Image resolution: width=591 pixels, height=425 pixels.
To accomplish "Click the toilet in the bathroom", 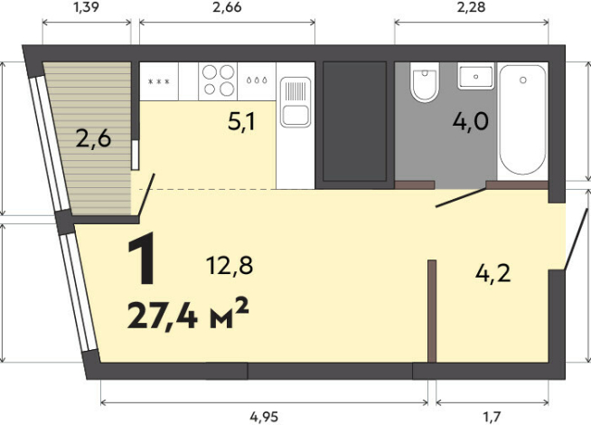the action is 425,82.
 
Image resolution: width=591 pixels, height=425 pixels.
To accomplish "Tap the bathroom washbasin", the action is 476,76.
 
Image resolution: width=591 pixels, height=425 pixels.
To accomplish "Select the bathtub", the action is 522,120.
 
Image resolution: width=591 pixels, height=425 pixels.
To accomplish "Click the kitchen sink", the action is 295,102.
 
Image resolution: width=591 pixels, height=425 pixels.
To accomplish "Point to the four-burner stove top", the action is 218,81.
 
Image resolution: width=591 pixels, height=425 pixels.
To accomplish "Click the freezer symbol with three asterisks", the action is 159,81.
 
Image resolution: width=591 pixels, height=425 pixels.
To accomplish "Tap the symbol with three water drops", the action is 257,80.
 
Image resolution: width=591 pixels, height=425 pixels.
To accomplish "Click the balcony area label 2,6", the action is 93,138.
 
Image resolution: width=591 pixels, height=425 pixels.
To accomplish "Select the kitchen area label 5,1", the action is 241,122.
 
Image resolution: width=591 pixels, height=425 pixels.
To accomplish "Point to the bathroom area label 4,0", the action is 471,121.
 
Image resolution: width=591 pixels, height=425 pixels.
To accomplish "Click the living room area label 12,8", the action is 230,266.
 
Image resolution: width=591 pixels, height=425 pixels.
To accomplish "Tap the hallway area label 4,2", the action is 493,273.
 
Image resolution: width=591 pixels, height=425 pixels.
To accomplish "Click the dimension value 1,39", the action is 87,7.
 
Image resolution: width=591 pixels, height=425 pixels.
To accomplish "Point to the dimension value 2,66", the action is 227,7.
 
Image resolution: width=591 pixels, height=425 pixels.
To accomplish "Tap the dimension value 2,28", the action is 471,7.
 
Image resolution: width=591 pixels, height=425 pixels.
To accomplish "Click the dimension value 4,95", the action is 264,417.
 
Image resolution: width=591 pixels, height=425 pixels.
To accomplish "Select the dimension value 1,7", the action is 492,417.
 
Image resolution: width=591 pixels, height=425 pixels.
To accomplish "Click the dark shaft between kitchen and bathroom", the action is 354,121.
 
